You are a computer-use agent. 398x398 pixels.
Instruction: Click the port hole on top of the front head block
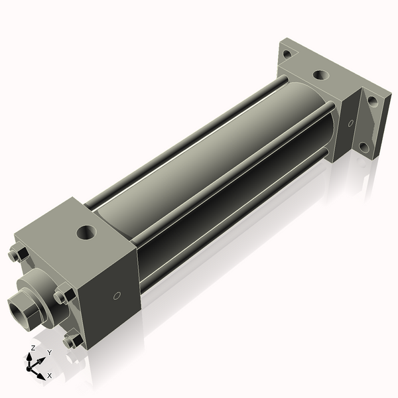(x=86, y=233)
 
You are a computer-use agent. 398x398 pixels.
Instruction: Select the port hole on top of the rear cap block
(x=320, y=76)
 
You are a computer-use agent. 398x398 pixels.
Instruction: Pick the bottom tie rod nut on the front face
(x=72, y=341)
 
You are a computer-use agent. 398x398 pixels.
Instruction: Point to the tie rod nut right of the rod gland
(x=64, y=295)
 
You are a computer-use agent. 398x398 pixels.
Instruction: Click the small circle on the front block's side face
(x=117, y=296)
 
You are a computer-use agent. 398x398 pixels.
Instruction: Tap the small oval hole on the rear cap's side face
(x=350, y=123)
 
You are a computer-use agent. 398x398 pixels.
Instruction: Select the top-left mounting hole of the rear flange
(x=287, y=54)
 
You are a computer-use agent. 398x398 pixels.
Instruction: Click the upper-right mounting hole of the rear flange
(x=372, y=101)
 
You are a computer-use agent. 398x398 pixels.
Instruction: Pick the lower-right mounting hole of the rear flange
(x=364, y=147)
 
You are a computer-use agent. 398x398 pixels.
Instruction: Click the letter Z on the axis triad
(x=33, y=348)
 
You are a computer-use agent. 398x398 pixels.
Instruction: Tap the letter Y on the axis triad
(x=50, y=352)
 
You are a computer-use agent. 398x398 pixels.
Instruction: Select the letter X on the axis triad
(x=49, y=375)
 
